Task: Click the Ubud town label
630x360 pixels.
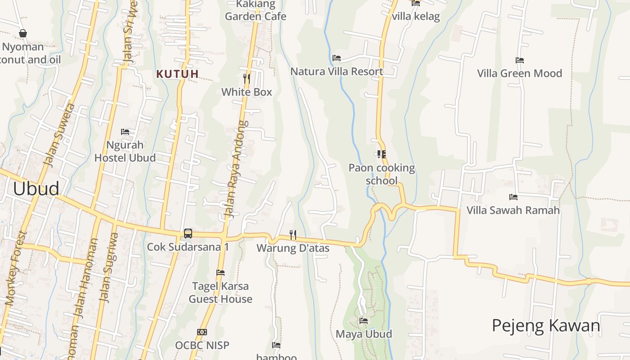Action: [36, 189]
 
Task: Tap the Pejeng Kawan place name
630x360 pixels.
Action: [546, 325]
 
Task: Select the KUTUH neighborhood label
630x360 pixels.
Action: [177, 74]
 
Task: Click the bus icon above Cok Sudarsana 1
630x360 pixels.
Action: [188, 234]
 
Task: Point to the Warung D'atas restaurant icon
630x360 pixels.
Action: [292, 234]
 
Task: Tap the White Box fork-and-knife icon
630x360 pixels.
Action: [247, 79]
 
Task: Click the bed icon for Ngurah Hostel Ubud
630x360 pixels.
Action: [125, 132]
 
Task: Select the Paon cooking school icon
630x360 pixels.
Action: [382, 154]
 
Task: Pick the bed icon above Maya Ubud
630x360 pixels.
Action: [364, 321]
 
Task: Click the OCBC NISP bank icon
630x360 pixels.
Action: [202, 332]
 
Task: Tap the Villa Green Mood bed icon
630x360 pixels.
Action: [520, 60]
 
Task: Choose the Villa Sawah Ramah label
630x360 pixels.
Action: [513, 210]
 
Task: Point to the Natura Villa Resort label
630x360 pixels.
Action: [337, 71]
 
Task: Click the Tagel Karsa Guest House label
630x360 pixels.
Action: [220, 292]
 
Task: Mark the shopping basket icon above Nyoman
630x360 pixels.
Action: [23, 33]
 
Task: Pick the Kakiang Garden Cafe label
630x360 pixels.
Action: [256, 11]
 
